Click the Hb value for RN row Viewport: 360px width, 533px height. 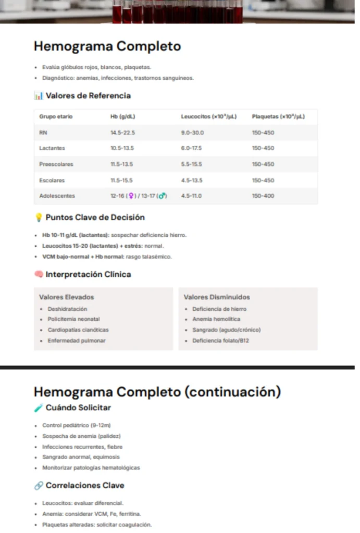[x=122, y=133]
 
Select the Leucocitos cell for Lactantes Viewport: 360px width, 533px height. [x=191, y=148]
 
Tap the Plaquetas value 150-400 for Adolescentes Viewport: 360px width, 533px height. [x=263, y=196]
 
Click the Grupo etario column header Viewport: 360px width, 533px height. [x=56, y=117]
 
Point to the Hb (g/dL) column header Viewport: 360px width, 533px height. [x=122, y=117]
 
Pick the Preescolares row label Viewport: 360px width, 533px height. [x=56, y=164]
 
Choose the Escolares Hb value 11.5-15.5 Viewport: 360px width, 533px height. [x=121, y=180]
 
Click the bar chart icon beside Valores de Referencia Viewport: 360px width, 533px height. [x=38, y=96]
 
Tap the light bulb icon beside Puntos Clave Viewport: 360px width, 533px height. [x=38, y=218]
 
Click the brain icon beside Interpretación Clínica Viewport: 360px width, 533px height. [x=38, y=274]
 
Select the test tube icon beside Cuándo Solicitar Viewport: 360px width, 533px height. [x=38, y=408]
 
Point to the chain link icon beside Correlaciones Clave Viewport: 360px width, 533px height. [x=38, y=486]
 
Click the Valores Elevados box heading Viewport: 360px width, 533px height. [x=67, y=297]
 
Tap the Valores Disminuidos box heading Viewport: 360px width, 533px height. [x=217, y=297]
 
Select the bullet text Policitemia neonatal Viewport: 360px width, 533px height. [x=73, y=319]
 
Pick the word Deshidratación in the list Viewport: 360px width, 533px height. [x=68, y=309]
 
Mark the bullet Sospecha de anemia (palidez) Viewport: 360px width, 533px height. [x=81, y=436]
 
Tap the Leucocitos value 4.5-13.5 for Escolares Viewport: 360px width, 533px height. [x=191, y=180]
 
